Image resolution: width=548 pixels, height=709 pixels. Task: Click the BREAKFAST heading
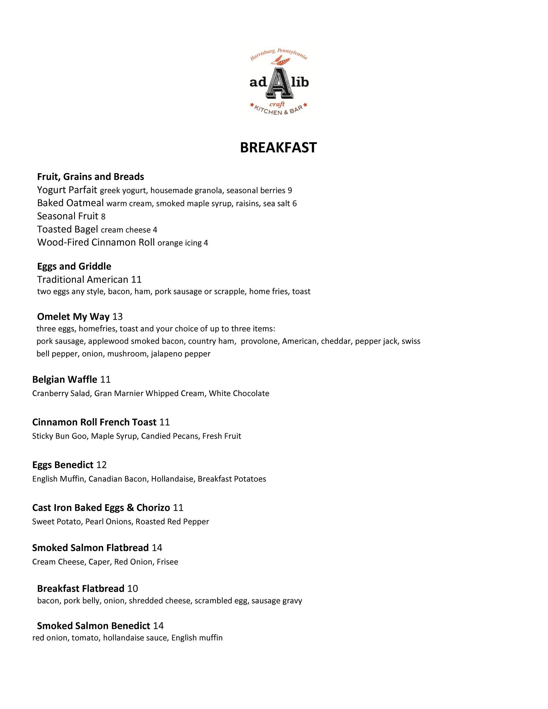click(x=278, y=147)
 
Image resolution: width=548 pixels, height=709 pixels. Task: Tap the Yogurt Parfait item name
click(x=67, y=190)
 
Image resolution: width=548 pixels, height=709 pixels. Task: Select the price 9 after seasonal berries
click(x=290, y=191)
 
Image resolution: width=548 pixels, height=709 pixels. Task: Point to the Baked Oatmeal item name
click(x=70, y=203)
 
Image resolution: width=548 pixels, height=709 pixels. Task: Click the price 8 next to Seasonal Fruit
click(x=103, y=217)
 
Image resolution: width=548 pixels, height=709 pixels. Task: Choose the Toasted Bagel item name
click(x=68, y=230)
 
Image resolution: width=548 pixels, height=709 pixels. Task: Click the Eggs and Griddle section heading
click(x=74, y=266)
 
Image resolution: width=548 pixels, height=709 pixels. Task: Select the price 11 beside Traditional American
click(x=136, y=279)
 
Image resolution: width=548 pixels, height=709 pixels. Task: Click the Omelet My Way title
click(x=73, y=316)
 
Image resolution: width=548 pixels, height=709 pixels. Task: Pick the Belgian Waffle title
click(x=64, y=379)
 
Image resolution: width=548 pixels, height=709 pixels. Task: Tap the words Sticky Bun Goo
click(x=60, y=436)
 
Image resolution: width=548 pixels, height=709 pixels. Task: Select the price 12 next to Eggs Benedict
click(x=101, y=465)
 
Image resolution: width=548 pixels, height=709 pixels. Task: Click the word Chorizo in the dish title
click(x=153, y=508)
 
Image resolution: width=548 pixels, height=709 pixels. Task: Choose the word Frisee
click(x=167, y=562)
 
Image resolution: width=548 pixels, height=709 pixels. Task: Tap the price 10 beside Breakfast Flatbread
click(x=133, y=589)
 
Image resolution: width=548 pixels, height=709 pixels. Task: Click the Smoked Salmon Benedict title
click(x=94, y=626)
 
